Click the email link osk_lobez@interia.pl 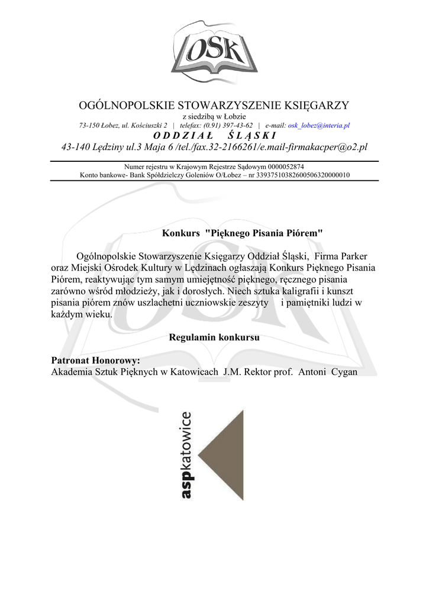[x=318, y=126]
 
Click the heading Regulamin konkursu [x=214, y=338]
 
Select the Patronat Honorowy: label [x=95, y=360]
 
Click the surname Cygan [x=344, y=372]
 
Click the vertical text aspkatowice [x=187, y=455]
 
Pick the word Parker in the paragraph [x=353, y=256]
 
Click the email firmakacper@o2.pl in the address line [x=324, y=147]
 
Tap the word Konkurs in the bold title [x=181, y=233]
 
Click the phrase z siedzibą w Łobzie [x=214, y=117]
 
